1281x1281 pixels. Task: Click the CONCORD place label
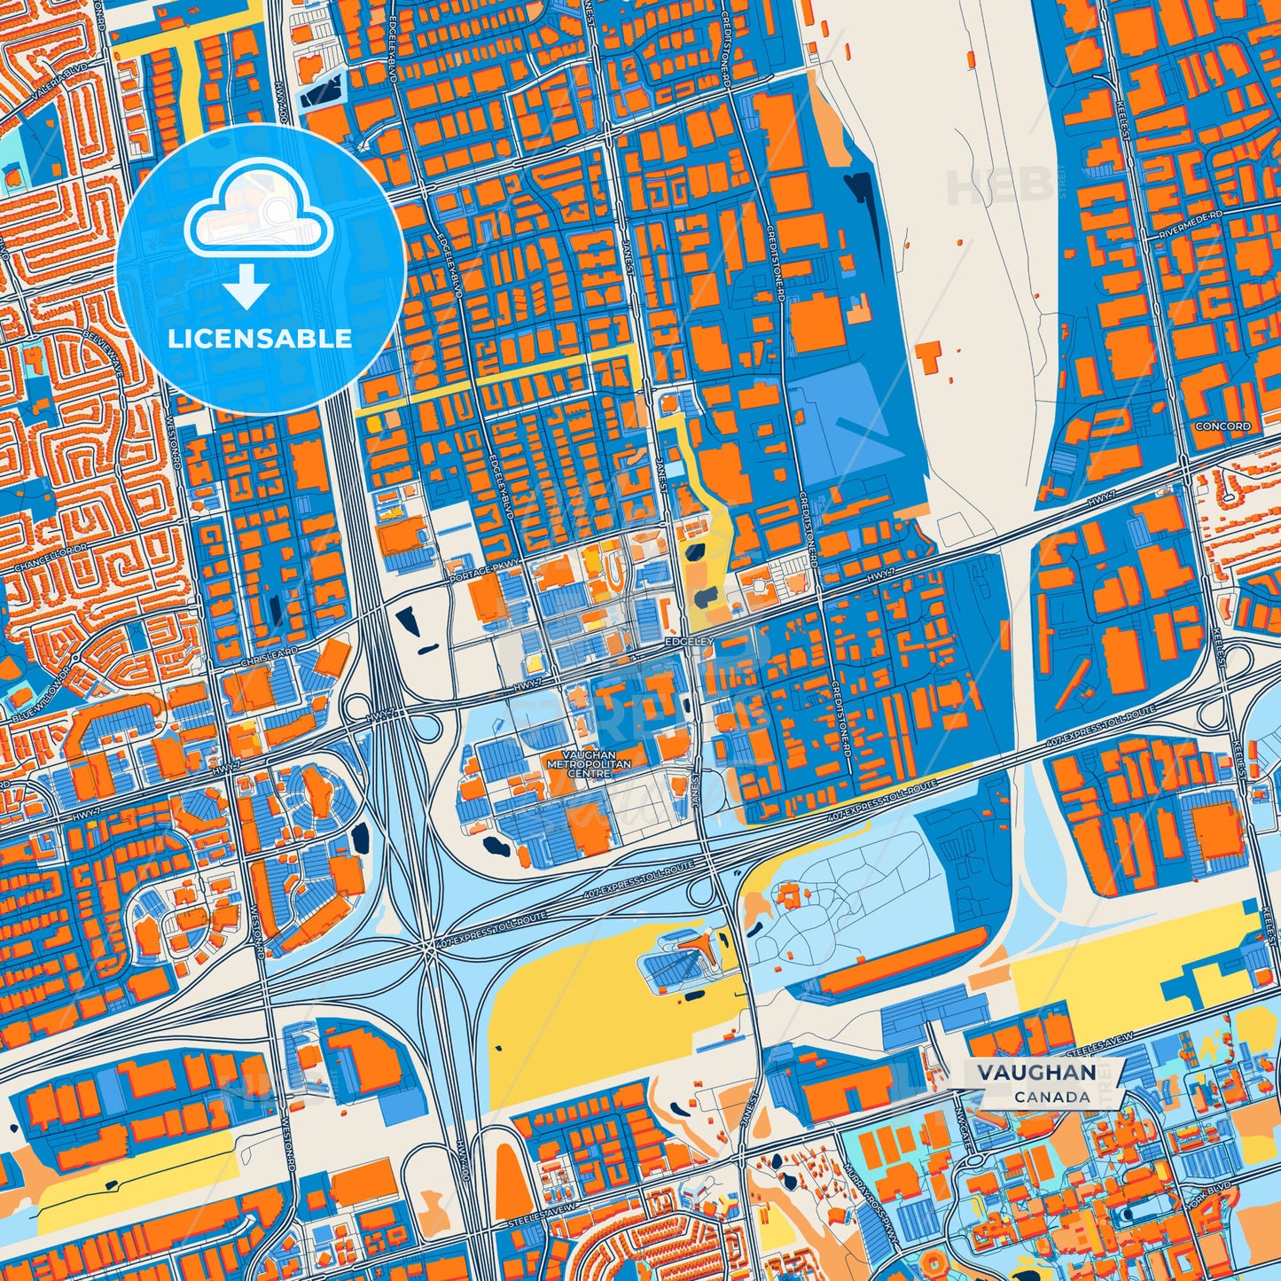(1222, 426)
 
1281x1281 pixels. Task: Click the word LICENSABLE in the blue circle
(261, 339)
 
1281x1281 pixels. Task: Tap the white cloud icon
(258, 213)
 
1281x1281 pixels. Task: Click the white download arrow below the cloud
(246, 289)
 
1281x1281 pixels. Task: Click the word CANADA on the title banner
(1052, 1097)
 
